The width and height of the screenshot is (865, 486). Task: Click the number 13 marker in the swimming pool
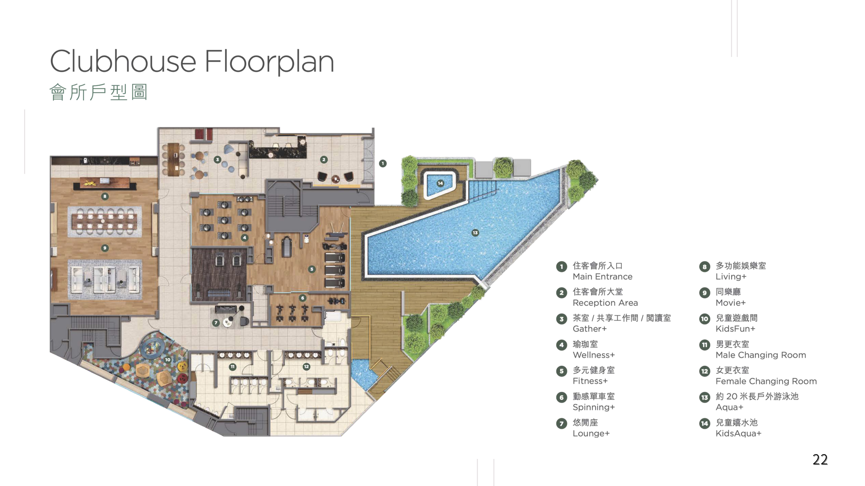pyautogui.click(x=475, y=232)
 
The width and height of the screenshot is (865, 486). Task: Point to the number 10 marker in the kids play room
pyautogui.click(x=168, y=360)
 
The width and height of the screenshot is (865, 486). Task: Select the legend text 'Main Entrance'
pyautogui.click(x=602, y=277)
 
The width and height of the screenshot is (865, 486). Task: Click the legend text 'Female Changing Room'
pyautogui.click(x=766, y=381)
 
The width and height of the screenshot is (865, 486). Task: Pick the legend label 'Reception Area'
pyautogui.click(x=605, y=303)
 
